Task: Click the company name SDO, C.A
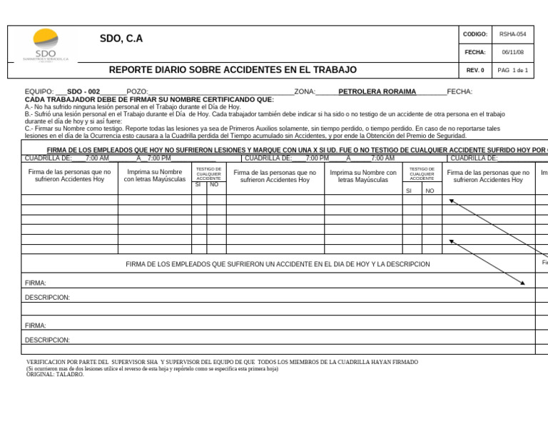tap(121, 39)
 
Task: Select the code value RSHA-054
tap(512, 34)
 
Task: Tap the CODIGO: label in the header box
tap(475, 34)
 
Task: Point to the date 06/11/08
tap(512, 52)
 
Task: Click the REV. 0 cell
tap(475, 70)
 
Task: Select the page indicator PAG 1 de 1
tap(512, 70)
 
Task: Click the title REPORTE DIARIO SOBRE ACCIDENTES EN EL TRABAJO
tap(233, 70)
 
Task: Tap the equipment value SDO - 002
tap(83, 92)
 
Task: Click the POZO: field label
tap(137, 92)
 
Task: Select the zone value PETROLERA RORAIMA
tap(377, 92)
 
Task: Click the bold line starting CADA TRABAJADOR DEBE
tap(149, 99)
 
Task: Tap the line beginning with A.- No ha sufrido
tap(133, 106)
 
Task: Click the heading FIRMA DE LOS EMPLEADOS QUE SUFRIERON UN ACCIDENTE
tap(278, 264)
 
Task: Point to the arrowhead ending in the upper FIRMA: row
tap(523, 283)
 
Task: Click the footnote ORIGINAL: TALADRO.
tap(55, 374)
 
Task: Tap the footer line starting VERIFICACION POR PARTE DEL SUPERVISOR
tap(222, 362)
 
